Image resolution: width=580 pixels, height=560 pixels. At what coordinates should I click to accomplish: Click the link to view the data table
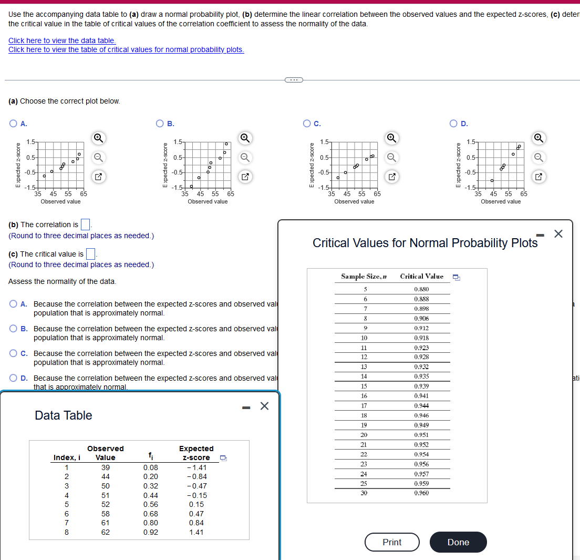tap(62, 40)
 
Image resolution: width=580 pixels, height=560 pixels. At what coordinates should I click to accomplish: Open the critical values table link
tap(126, 49)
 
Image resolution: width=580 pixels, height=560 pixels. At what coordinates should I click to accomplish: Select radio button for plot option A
tap(13, 124)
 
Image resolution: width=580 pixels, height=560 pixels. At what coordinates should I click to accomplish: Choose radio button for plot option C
tap(307, 124)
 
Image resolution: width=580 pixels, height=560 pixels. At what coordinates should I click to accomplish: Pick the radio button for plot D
tap(453, 124)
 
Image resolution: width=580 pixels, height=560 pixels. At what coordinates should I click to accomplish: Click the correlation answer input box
tap(86, 225)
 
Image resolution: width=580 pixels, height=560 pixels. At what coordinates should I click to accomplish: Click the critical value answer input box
tap(90, 254)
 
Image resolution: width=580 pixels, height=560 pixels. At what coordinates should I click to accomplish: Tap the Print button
tap(392, 542)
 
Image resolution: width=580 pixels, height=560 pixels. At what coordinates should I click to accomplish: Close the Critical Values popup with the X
tap(558, 234)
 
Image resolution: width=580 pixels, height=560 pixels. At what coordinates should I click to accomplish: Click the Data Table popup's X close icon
tap(264, 405)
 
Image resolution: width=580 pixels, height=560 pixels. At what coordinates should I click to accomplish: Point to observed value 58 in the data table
tap(106, 514)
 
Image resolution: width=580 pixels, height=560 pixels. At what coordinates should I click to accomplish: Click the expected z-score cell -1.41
tap(196, 467)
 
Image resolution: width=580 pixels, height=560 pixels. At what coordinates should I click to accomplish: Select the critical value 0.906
tap(421, 319)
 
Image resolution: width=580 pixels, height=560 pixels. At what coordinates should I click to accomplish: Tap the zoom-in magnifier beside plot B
tap(244, 138)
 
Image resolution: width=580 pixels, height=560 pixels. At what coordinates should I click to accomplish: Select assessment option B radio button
tap(13, 329)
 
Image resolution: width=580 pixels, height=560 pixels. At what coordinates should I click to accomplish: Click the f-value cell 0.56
tap(150, 504)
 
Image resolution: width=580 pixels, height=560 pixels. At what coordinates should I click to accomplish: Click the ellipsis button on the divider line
tap(294, 80)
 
